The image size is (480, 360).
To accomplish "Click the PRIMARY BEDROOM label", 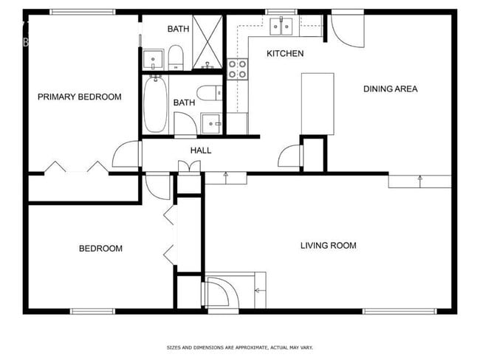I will pyautogui.click(x=80, y=97).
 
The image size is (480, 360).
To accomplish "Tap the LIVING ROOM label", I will pyautogui.click(x=328, y=246).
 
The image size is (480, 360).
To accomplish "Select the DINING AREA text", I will pyautogui.click(x=390, y=89).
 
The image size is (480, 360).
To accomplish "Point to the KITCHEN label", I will pyautogui.click(x=285, y=54).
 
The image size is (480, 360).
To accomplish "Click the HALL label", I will pyautogui.click(x=201, y=150).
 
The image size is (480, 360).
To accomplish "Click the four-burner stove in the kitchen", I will pyautogui.click(x=238, y=69).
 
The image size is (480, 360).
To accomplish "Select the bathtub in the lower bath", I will pyautogui.click(x=155, y=104).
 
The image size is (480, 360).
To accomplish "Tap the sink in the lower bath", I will pyautogui.click(x=211, y=123).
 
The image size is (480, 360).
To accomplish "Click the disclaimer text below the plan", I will pyautogui.click(x=239, y=347).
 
